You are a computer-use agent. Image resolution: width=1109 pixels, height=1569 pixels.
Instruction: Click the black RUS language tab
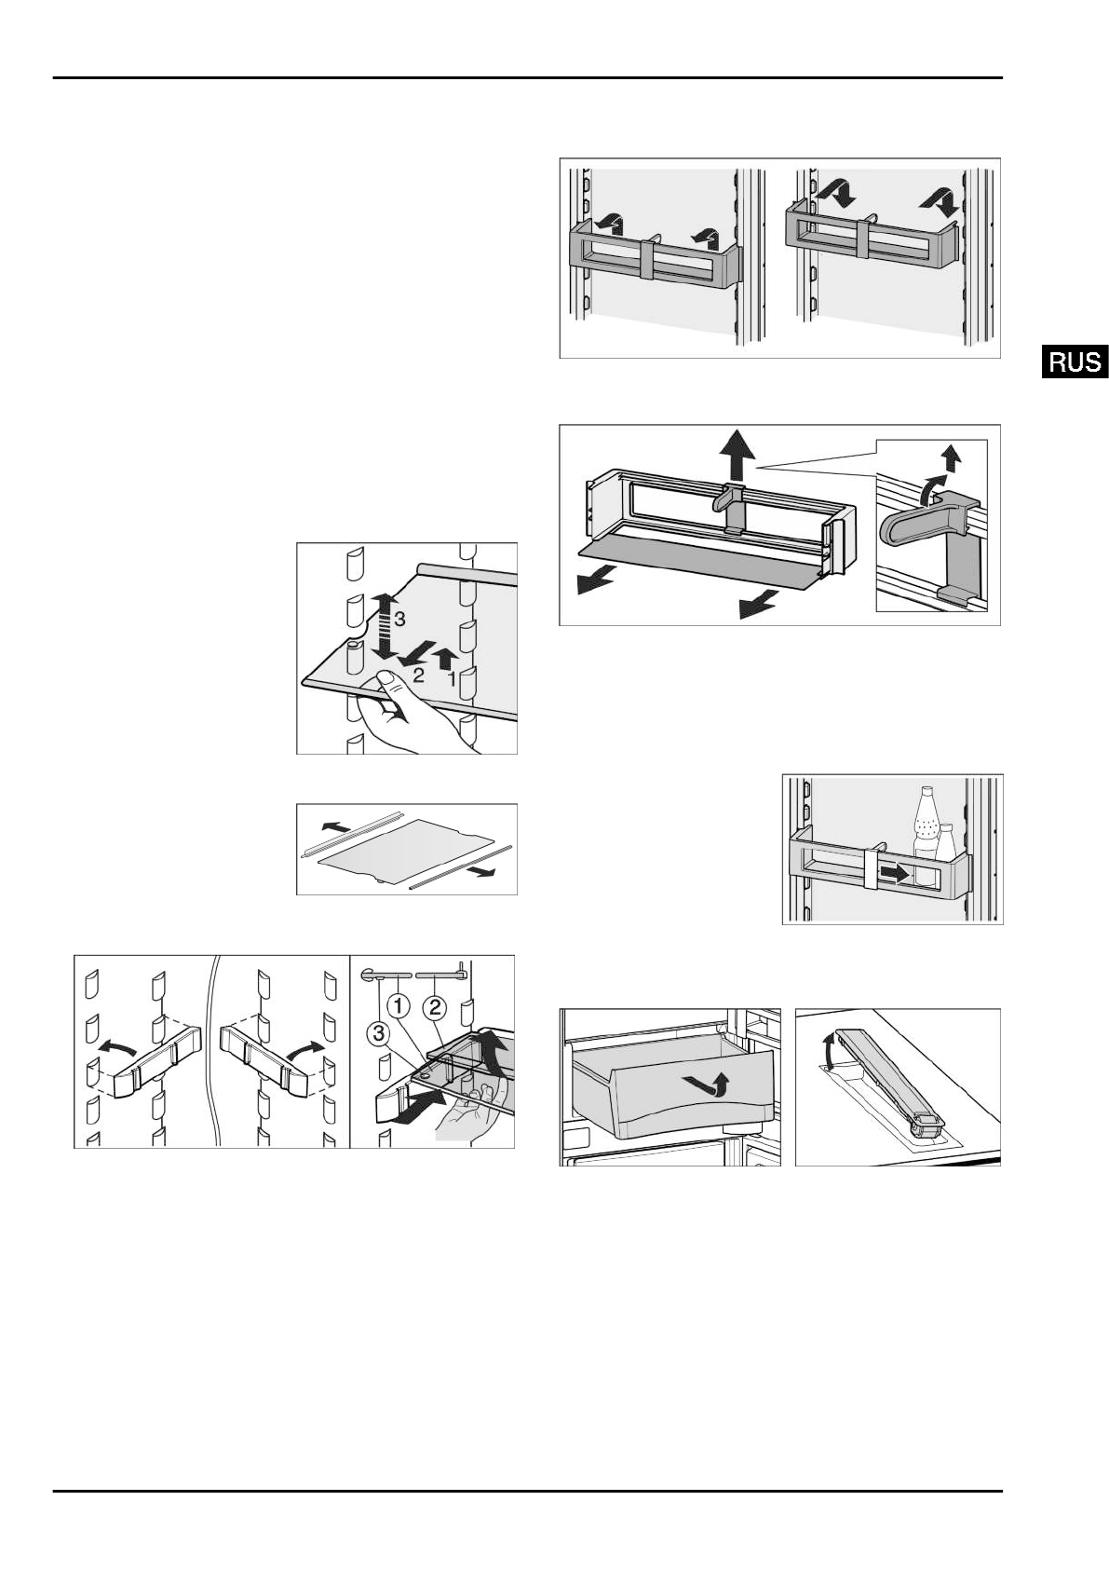click(x=1075, y=362)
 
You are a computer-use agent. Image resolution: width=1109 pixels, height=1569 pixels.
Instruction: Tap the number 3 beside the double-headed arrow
click(x=399, y=620)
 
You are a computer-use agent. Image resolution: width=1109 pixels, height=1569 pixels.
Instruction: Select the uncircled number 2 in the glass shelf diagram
click(x=418, y=675)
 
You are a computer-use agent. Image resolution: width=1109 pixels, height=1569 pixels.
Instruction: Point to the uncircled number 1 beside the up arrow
click(x=452, y=678)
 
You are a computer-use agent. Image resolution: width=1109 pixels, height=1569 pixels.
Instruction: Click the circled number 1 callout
click(x=398, y=1007)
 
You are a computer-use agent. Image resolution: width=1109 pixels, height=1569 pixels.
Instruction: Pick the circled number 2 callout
click(x=435, y=1007)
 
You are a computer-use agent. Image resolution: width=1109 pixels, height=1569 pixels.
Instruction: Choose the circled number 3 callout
click(x=378, y=1034)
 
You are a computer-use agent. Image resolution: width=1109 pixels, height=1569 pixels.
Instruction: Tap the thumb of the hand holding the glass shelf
click(x=386, y=681)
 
